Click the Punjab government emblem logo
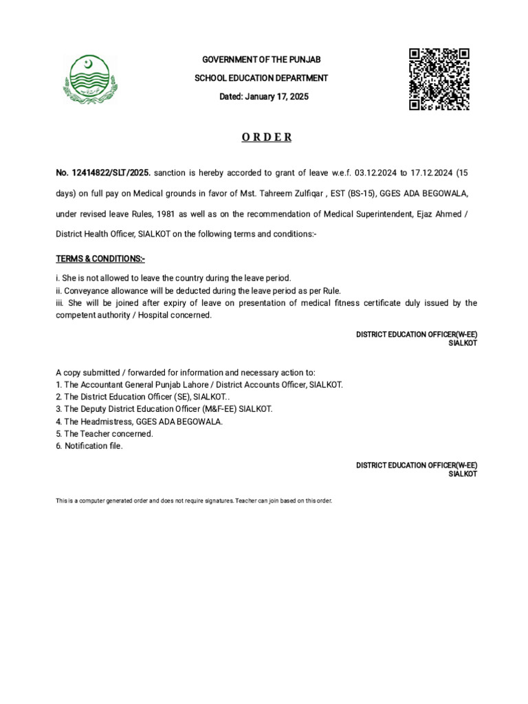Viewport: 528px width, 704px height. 89,79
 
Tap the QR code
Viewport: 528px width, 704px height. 439,79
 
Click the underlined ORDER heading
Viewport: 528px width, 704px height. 267,137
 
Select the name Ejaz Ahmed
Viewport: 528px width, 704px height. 437,213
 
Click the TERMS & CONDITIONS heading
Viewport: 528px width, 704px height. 100,259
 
